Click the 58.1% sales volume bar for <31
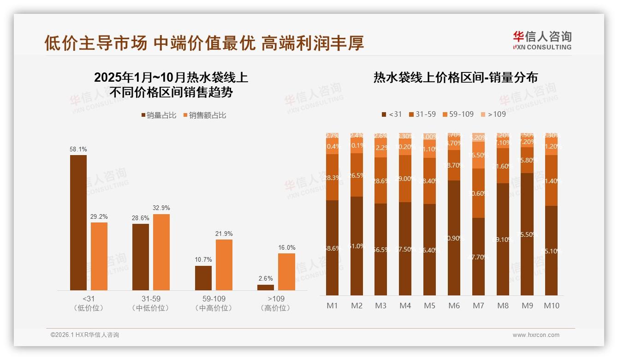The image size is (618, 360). (x=78, y=222)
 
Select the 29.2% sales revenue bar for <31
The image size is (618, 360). (x=99, y=256)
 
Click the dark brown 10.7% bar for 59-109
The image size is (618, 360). (x=203, y=278)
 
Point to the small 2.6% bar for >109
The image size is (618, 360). (x=266, y=288)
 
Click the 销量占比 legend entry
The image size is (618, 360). (x=159, y=115)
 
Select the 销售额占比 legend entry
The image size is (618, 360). (x=205, y=115)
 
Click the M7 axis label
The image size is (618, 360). (x=478, y=306)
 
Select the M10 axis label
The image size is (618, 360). (x=551, y=306)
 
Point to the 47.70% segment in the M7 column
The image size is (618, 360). (x=478, y=257)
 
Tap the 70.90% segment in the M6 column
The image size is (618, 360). (x=454, y=238)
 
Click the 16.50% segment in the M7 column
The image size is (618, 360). (x=478, y=155)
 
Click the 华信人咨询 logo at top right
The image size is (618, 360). (x=542, y=40)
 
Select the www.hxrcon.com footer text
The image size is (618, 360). (x=536, y=335)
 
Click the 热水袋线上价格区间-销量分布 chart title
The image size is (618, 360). (x=455, y=78)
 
